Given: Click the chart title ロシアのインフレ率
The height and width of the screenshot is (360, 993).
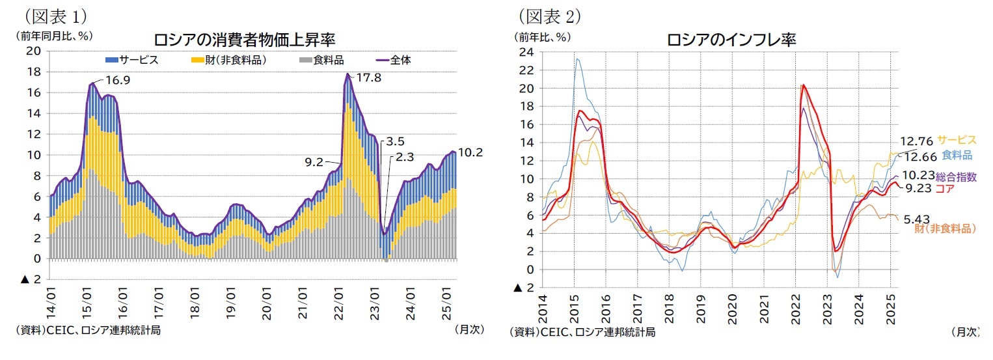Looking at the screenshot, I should (x=731, y=40).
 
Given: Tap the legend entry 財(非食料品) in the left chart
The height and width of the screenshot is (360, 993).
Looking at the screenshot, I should (x=231, y=60).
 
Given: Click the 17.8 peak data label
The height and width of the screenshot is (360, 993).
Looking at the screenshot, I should (x=370, y=77).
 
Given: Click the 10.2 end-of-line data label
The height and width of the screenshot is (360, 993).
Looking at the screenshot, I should (x=471, y=152).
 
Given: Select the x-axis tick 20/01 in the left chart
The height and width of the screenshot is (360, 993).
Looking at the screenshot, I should (x=267, y=308).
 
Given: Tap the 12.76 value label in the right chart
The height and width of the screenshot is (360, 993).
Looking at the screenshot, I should (x=916, y=141).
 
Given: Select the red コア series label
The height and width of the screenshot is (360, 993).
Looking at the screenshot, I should (x=945, y=188).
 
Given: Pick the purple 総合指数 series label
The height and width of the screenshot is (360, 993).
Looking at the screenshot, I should (x=956, y=176).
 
